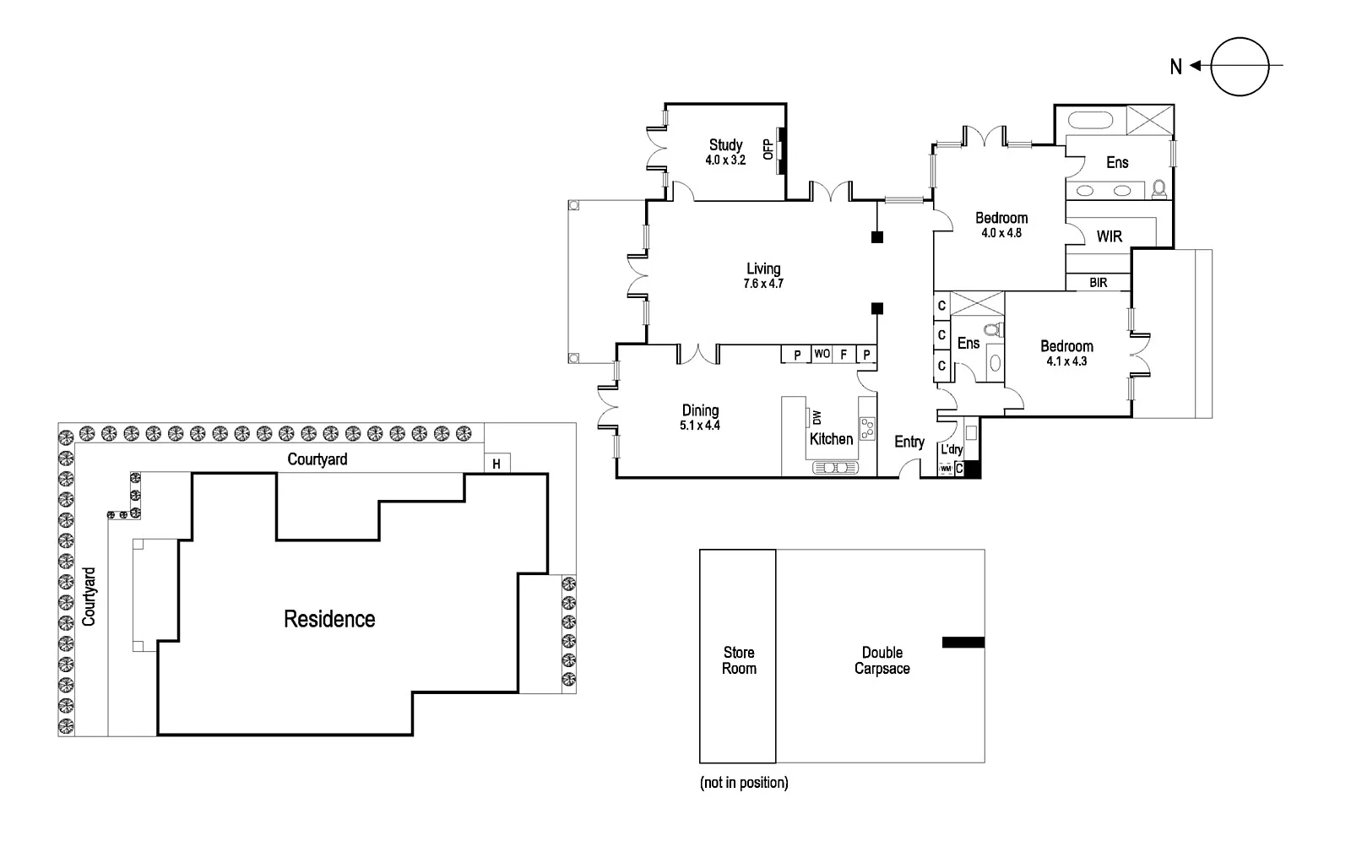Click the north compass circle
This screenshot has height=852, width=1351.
pos(1240,67)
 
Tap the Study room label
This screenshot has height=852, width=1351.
pos(725,144)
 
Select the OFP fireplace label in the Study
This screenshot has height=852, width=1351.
pos(768,149)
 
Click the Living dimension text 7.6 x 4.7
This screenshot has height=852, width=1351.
pos(763,284)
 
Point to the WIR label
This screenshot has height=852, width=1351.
pos(1110,236)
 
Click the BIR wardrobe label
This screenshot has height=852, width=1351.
pos(1099,282)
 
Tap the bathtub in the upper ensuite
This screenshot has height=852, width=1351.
pos(1090,119)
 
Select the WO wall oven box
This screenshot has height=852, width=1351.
pos(822,354)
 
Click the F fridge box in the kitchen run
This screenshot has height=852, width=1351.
pos(844,355)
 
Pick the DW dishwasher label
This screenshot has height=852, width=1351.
pos(817,417)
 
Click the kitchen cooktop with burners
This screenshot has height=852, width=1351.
pos(867,428)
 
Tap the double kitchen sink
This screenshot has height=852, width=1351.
pos(835,467)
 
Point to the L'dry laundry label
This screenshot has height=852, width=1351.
pos(952,449)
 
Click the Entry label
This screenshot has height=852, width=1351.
pos(909,442)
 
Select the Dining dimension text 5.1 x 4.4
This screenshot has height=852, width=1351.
pos(700,425)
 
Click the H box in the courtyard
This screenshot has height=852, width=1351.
pos(497,463)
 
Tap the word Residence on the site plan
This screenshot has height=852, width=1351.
pos(329,619)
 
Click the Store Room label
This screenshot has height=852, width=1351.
pos(739,660)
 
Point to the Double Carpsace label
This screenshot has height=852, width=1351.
pos(882,660)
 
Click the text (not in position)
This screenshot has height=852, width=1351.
pos(744,783)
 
